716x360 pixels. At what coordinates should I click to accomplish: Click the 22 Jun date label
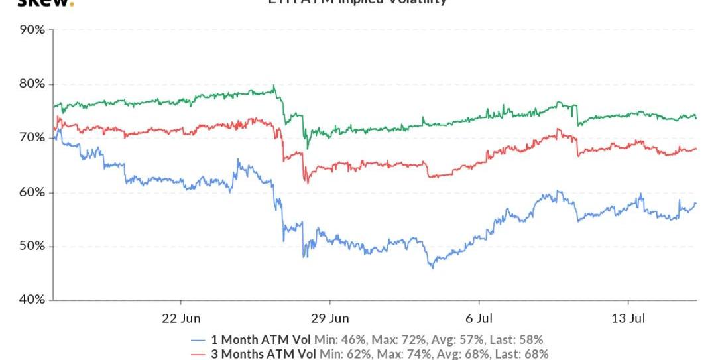click(x=181, y=318)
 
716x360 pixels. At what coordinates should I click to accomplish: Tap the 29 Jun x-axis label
click(x=329, y=318)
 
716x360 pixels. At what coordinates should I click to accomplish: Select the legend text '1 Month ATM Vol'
click(x=261, y=340)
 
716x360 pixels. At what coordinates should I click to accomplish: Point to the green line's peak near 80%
click(x=274, y=86)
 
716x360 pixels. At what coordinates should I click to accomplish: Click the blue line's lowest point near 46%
click(x=432, y=267)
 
